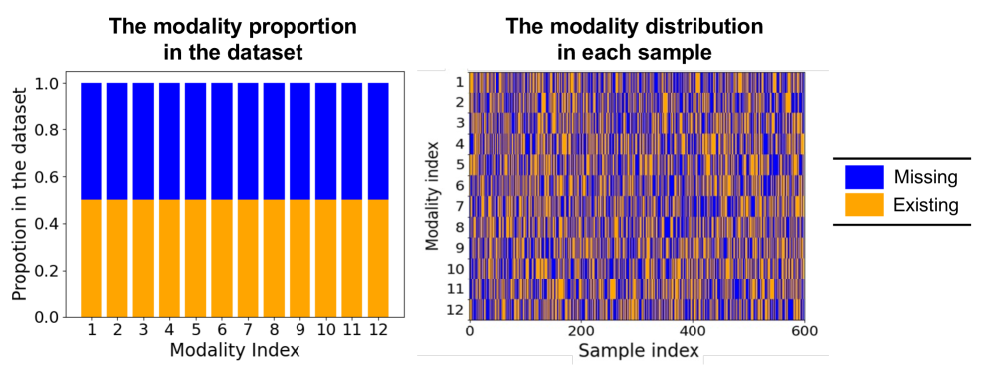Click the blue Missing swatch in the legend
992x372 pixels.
(x=864, y=177)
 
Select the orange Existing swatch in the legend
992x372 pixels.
(x=864, y=204)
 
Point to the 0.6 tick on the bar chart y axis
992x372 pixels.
(x=57, y=176)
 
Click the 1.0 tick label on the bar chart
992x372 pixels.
(x=57, y=83)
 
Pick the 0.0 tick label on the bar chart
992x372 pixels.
(x=57, y=317)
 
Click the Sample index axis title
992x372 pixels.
(x=639, y=350)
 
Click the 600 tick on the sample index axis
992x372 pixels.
(x=804, y=331)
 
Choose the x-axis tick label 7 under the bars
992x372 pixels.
(x=248, y=330)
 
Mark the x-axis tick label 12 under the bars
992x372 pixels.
(x=378, y=330)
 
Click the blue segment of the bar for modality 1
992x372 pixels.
(x=92, y=141)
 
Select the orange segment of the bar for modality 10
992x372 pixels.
(x=325, y=259)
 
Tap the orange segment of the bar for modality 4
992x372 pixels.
(x=169, y=259)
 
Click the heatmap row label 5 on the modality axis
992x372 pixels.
(x=460, y=165)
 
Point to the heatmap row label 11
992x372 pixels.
(x=457, y=290)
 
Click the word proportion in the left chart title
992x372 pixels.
(x=302, y=28)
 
